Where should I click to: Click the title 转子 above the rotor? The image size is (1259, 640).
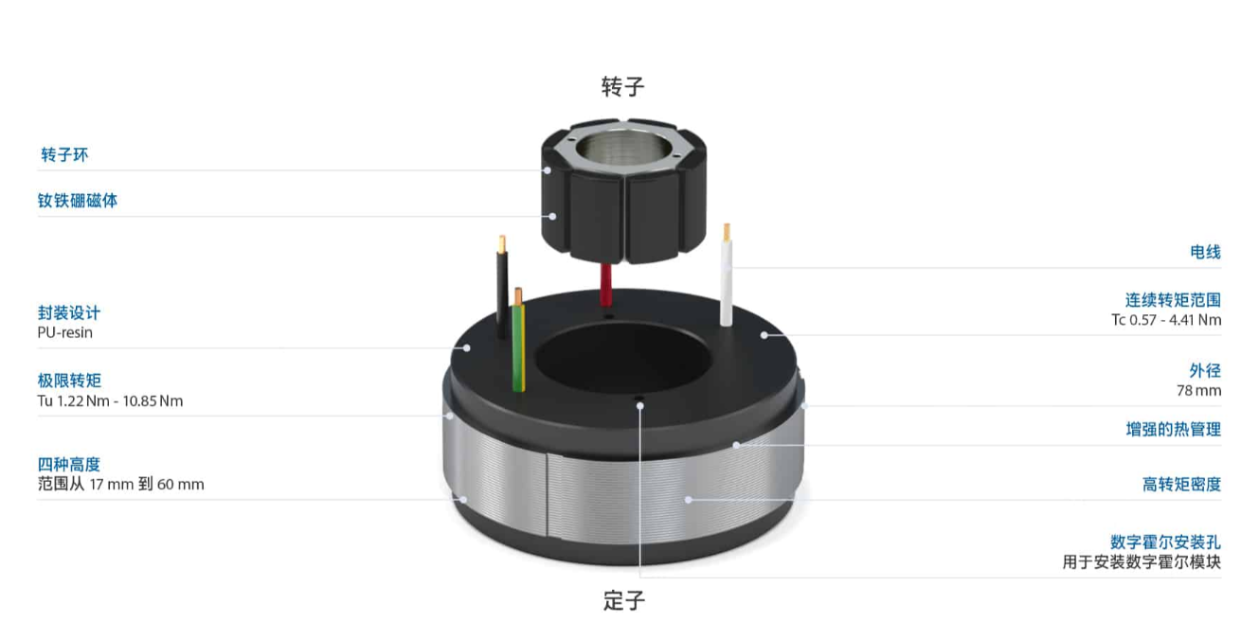[x=622, y=87]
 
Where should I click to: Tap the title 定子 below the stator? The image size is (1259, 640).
[x=624, y=600]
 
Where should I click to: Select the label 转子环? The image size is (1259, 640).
[x=64, y=154]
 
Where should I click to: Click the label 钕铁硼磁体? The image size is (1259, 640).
[x=78, y=201]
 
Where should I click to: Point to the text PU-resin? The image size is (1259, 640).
[x=64, y=332]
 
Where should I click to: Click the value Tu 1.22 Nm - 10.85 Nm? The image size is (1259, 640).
[x=110, y=400]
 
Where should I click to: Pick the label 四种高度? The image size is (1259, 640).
[x=68, y=464]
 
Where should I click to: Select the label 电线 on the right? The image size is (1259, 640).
[x=1206, y=252]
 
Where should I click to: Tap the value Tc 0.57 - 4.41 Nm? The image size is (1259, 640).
[x=1166, y=320]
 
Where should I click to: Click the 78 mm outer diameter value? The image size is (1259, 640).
[x=1199, y=390]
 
